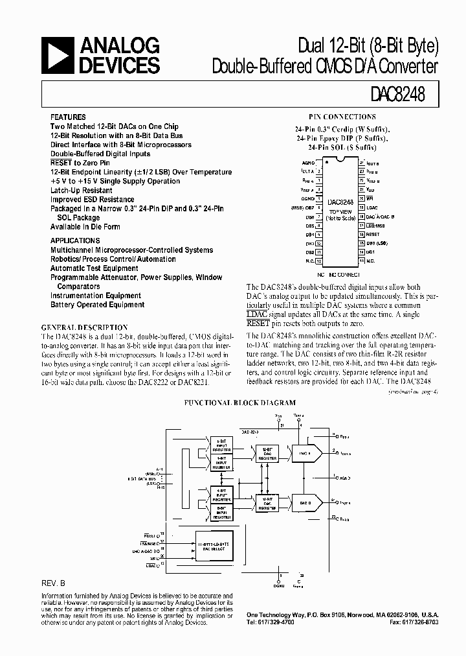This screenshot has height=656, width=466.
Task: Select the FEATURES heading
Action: click(x=67, y=117)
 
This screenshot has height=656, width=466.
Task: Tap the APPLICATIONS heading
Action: click(x=75, y=240)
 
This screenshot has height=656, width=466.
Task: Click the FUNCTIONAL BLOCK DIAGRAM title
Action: click(x=232, y=402)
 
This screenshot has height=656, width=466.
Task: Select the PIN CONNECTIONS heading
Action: click(x=341, y=117)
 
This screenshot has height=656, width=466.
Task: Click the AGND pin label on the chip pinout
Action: click(x=308, y=165)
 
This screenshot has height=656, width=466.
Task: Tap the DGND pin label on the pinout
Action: click(x=307, y=199)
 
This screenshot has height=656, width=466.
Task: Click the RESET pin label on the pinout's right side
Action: click(x=373, y=234)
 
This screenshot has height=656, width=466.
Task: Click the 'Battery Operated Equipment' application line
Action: click(x=98, y=305)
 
